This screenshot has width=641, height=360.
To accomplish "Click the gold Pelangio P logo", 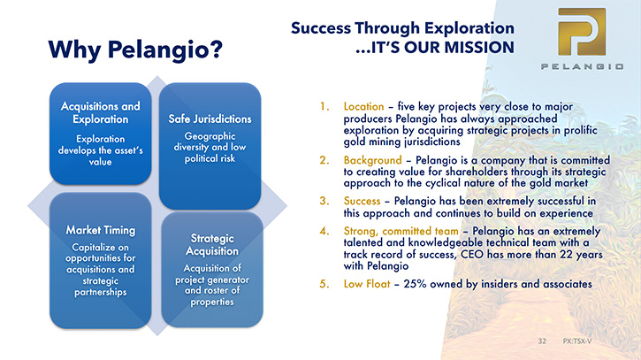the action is [582, 32].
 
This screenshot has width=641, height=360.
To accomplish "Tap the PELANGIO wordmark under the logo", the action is [582, 66].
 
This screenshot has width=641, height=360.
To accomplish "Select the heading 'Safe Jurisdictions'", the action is [210, 119].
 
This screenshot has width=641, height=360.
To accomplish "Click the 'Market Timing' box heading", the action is [101, 230].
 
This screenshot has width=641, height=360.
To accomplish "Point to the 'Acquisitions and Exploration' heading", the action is [101, 112].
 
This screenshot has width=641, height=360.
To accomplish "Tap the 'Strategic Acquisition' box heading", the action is [212, 245].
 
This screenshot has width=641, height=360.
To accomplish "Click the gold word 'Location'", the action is [364, 106].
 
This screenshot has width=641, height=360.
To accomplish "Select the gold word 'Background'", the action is [373, 160].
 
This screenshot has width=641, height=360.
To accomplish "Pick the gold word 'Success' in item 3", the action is [362, 201].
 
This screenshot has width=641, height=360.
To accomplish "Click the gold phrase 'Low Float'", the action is [367, 284].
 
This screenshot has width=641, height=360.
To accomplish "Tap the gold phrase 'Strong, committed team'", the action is [401, 231].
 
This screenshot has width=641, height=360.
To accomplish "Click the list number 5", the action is [324, 284].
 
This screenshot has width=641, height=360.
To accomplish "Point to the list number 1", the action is [324, 106].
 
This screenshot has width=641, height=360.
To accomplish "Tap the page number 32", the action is [542, 341].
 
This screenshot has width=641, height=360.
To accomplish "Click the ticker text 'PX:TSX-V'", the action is [577, 341].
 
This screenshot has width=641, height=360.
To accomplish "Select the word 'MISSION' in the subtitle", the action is [479, 48].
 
